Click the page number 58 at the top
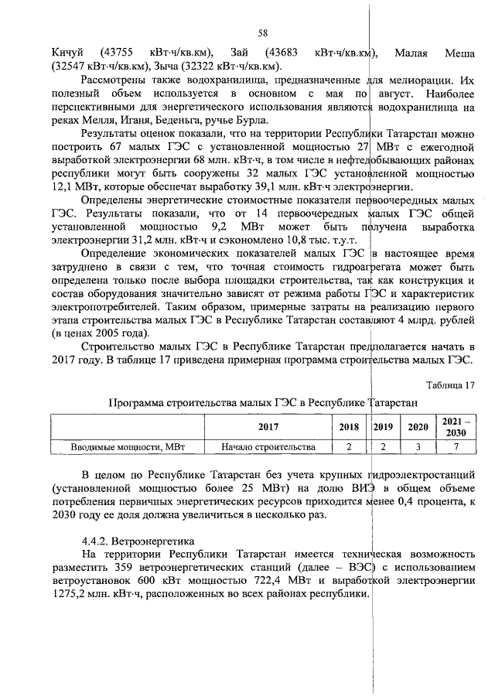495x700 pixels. coord(262,33)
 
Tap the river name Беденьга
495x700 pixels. coord(185,120)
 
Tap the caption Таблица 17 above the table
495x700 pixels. coord(451,385)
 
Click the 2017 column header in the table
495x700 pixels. coord(268,426)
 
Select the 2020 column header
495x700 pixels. coord(418,426)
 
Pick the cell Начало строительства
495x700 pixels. coord(268,446)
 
